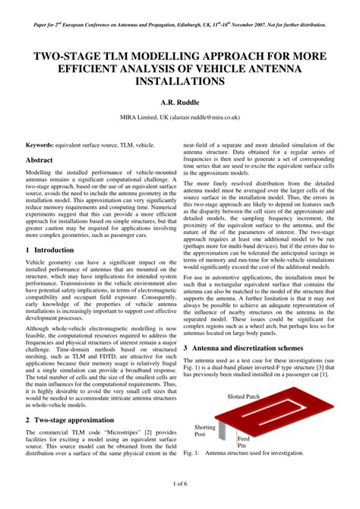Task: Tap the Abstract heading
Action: pos(39,161)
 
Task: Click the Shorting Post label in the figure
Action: pos(204,432)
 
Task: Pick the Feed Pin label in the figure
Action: pos(244,443)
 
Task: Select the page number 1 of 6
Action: pos(180,484)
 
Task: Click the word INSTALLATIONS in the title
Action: pos(180,80)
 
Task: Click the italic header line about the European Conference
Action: pos(180,24)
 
